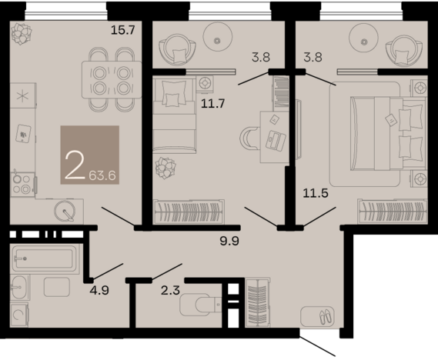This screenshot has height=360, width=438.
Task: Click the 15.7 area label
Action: [123, 29]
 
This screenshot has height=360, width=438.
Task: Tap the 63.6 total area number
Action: [102, 176]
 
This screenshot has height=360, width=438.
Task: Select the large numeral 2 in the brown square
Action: [75, 165]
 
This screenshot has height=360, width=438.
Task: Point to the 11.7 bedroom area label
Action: [213, 104]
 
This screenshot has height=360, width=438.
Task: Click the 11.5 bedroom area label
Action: [316, 193]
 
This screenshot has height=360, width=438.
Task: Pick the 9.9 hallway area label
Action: [229, 241]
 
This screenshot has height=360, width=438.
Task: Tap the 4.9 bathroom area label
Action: [99, 290]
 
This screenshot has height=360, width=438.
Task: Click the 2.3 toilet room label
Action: [170, 291]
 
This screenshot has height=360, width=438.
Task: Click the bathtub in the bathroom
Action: [45, 258]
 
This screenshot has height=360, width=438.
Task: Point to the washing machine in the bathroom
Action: [19, 315]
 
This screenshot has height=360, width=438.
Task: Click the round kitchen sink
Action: [65, 211]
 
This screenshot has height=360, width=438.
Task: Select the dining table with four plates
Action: [112, 80]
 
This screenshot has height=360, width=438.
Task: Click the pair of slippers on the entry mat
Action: [326, 316]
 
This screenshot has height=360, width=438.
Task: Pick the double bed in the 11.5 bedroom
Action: [388, 133]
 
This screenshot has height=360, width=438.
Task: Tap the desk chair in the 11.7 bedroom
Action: [249, 138]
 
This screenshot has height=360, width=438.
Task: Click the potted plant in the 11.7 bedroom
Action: [166, 168]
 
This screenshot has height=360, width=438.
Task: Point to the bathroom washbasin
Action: [19, 287]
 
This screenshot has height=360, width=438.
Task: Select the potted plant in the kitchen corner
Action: [22, 34]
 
